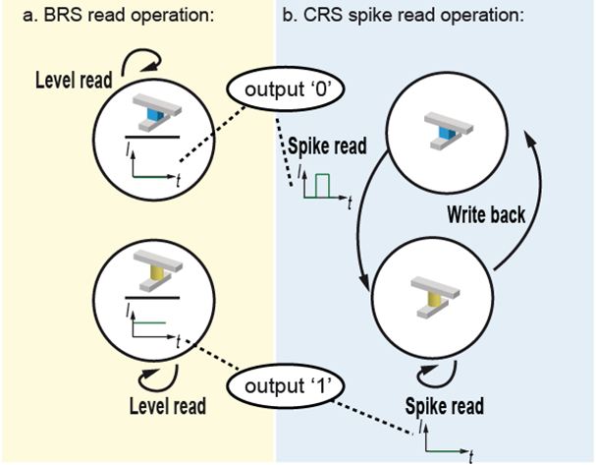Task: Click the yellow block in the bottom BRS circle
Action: [152, 282]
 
